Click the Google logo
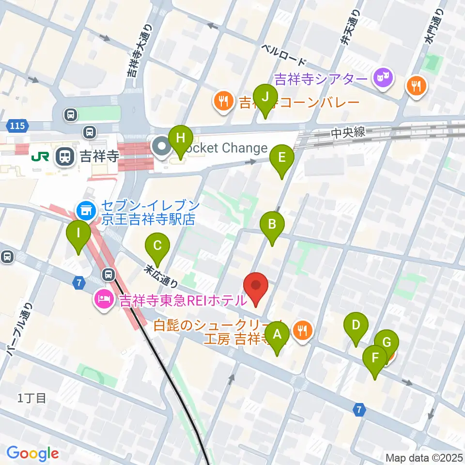coord(32,453)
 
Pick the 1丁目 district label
coord(32,398)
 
